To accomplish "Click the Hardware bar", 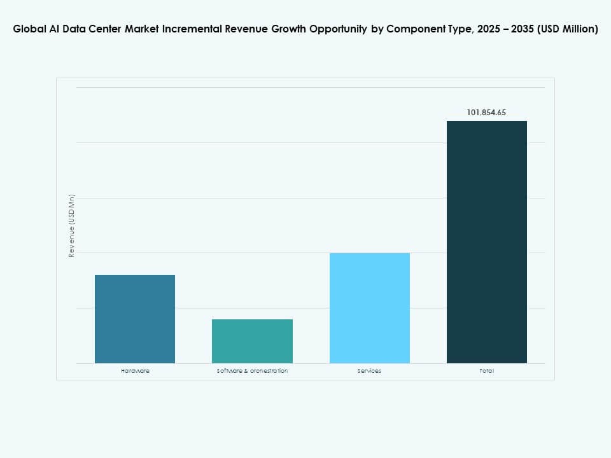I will tap(135, 319).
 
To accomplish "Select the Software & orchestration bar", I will tap(252, 341).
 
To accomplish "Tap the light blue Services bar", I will tap(369, 308).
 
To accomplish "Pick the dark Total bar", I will tap(486, 242).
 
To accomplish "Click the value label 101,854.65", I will tap(486, 113).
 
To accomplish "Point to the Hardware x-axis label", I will tap(135, 371).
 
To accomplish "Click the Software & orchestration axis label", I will tap(252, 371).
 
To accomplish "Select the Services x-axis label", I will tap(369, 371).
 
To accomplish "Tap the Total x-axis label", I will tap(486, 371).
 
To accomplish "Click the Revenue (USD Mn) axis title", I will tap(72, 226).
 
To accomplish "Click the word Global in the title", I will tap(29, 29).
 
